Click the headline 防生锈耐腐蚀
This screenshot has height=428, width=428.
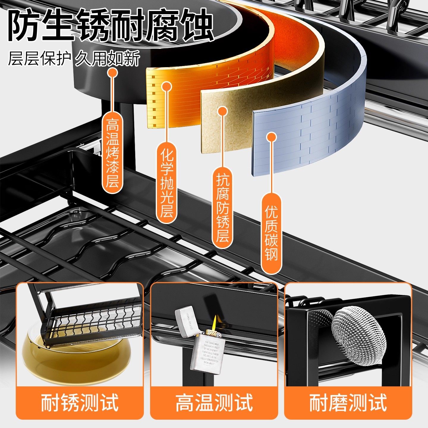click(111, 25)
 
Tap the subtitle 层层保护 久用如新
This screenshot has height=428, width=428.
click(74, 58)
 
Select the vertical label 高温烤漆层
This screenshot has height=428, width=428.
click(112, 153)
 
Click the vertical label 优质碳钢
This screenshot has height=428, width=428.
click(271, 233)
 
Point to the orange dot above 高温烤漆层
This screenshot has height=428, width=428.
click(112, 73)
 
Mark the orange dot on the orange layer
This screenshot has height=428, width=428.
click(166, 86)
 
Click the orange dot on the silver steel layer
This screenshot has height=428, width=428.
click(271, 137)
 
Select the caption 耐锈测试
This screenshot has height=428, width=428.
click(80, 402)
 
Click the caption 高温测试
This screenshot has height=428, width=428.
click(214, 402)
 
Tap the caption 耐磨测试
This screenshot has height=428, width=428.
click(348, 402)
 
